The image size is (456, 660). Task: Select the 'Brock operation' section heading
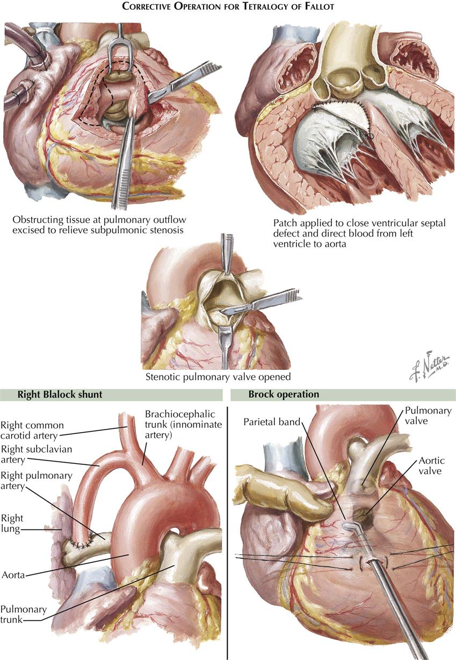284,394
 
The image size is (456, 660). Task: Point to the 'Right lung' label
12,525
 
